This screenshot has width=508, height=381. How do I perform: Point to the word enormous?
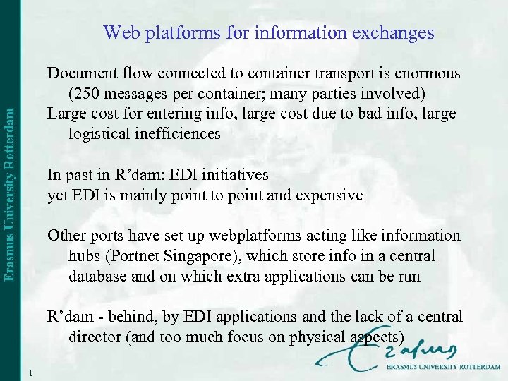point(428,73)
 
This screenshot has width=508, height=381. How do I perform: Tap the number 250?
point(87,93)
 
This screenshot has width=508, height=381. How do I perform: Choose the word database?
point(97,276)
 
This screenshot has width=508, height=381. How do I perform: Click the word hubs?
point(83,255)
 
